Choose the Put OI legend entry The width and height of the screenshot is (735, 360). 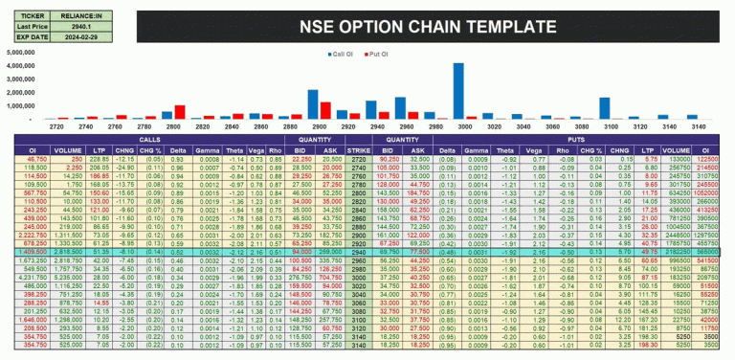pyautogui.click(x=382, y=55)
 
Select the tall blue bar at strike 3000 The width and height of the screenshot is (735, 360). pyautogui.click(x=459, y=91)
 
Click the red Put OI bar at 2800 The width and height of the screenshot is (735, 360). pyautogui.click(x=180, y=112)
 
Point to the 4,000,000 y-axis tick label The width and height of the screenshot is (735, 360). pyautogui.click(x=25, y=80)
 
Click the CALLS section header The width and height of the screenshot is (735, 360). pyautogui.click(x=151, y=141)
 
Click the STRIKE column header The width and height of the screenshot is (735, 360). pyautogui.click(x=358, y=149)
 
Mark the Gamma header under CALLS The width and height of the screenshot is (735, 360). pyautogui.click(x=210, y=149)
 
